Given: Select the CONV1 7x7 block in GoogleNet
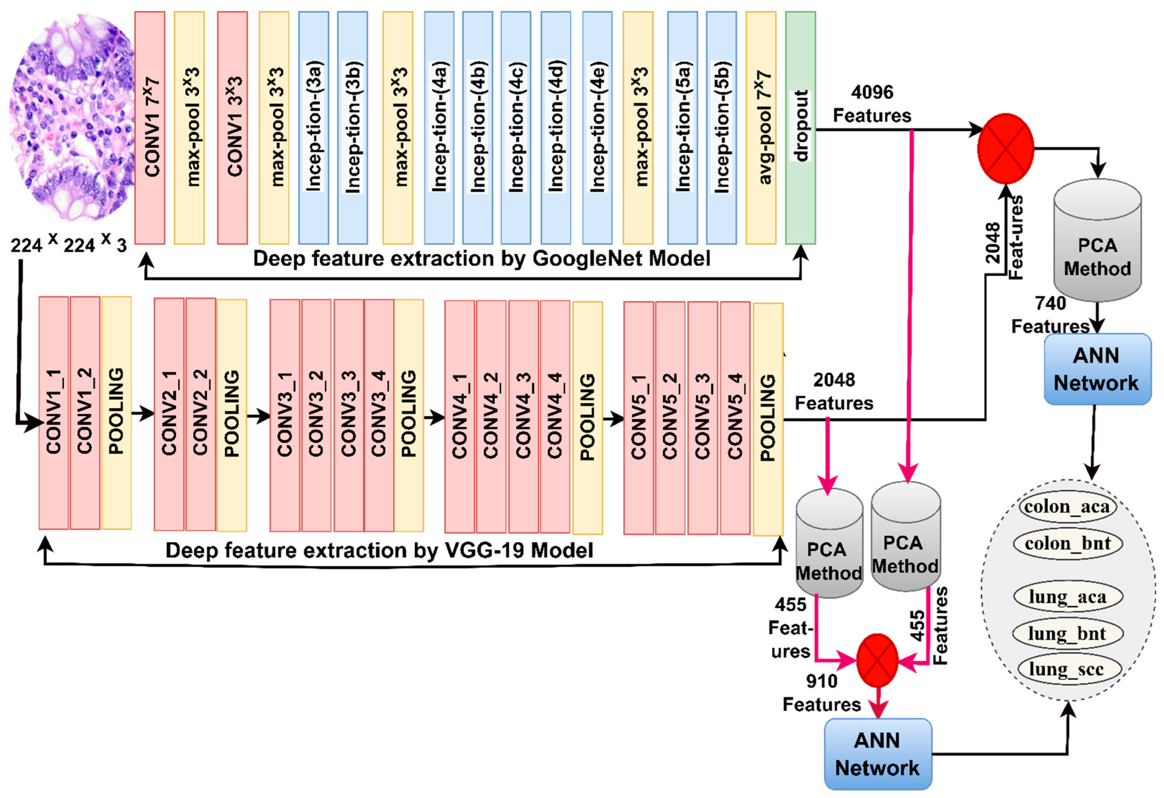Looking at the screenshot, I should click(x=150, y=128).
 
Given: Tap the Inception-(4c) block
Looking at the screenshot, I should click(x=516, y=128).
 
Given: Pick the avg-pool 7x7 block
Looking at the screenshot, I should click(x=760, y=128).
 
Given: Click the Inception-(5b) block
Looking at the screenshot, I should click(x=721, y=128).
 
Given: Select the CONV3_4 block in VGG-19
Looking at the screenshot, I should click(x=379, y=415).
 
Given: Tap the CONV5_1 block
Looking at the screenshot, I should click(x=638, y=418).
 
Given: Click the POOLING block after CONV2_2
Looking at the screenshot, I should click(x=231, y=415).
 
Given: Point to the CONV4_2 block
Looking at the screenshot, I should click(x=491, y=417).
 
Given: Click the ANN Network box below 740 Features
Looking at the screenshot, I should click(x=1097, y=369).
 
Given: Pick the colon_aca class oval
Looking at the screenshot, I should click(x=1068, y=507).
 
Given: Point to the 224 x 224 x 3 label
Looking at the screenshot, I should click(x=69, y=245).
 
